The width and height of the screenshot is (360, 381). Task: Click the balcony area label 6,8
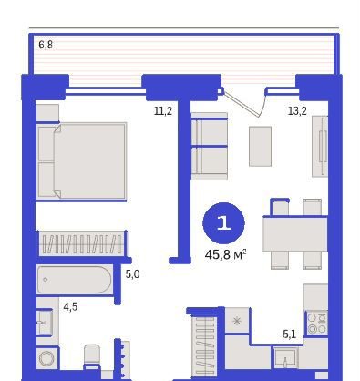click(46, 45)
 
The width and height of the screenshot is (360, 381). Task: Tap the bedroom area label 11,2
click(163, 111)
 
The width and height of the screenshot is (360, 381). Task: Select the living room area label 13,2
click(297, 111)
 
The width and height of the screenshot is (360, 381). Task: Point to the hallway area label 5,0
click(132, 274)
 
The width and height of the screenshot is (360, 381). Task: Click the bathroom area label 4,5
click(70, 307)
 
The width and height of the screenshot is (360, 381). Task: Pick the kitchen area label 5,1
click(289, 335)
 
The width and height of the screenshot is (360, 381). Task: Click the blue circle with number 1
click(223, 223)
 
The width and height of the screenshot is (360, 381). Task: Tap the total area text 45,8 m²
click(225, 254)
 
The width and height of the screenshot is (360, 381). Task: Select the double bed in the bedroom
click(82, 160)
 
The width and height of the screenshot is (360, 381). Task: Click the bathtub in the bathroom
click(75, 280)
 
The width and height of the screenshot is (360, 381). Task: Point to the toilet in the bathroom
click(92, 355)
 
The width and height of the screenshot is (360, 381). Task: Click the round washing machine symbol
click(47, 358)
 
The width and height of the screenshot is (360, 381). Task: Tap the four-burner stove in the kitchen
click(317, 323)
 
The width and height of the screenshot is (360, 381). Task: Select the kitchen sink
click(285, 358)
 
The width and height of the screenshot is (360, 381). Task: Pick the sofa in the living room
click(209, 147)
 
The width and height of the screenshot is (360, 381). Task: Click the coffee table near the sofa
click(260, 147)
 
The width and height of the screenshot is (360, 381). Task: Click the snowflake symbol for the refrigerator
click(237, 321)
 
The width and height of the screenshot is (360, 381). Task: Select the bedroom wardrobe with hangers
click(81, 244)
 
